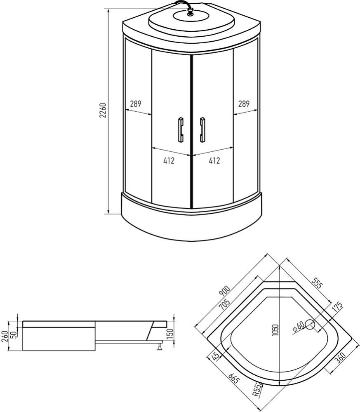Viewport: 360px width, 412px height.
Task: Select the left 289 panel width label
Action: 135,104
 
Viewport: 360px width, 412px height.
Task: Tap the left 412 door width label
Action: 169,161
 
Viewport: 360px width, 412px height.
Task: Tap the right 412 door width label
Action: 214,161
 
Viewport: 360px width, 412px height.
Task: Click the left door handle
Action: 180,129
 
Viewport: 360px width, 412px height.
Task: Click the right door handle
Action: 202,129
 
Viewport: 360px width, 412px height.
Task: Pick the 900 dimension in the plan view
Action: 225,292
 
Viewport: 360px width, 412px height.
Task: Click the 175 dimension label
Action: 337,307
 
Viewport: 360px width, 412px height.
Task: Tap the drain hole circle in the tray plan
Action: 310,326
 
